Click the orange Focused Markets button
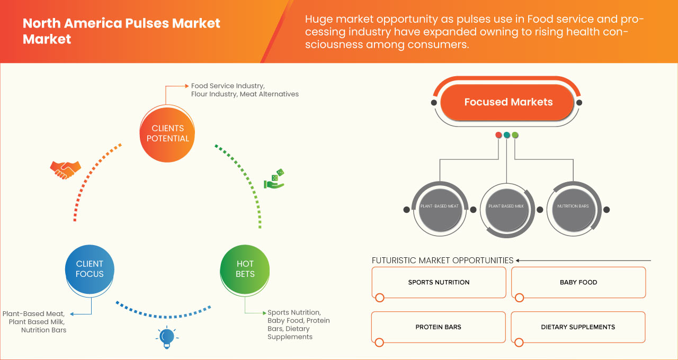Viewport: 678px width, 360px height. click(x=507, y=102)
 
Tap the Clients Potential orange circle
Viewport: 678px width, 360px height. click(x=167, y=134)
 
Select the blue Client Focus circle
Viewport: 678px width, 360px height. click(x=90, y=269)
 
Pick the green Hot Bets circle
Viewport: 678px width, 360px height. click(x=245, y=269)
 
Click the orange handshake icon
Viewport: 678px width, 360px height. click(x=65, y=170)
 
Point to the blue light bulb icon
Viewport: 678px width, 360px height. click(x=167, y=337)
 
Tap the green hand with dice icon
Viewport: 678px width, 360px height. click(x=274, y=179)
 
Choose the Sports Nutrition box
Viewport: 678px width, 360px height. click(x=439, y=283)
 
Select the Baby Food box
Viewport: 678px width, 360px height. click(x=578, y=283)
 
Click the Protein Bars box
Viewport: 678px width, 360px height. click(x=438, y=327)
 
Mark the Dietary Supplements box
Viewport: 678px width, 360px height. click(x=578, y=327)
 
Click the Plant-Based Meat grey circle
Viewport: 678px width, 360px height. click(x=440, y=210)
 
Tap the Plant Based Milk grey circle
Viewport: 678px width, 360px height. click(x=506, y=210)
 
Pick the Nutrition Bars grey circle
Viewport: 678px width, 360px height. click(x=573, y=210)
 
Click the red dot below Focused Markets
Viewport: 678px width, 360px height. click(x=498, y=135)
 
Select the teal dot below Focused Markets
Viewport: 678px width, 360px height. click(x=507, y=135)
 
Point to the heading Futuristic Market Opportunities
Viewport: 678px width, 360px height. click(x=442, y=260)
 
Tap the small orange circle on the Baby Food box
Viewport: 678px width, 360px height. click(x=520, y=298)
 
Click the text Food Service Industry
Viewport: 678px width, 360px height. click(x=228, y=86)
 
